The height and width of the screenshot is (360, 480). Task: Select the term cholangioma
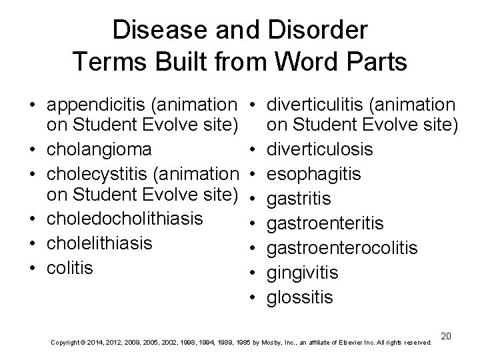click(x=98, y=148)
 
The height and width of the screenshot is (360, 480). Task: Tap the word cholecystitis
click(x=92, y=173)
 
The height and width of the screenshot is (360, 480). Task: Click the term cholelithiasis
click(x=99, y=243)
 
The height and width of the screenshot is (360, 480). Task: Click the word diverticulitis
click(x=311, y=105)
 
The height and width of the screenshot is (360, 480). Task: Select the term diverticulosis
click(x=319, y=148)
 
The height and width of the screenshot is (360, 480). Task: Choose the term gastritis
click(x=299, y=198)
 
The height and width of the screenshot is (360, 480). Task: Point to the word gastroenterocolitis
click(x=342, y=247)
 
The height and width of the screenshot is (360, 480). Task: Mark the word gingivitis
click(x=302, y=272)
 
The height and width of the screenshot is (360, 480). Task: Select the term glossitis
click(x=299, y=297)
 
